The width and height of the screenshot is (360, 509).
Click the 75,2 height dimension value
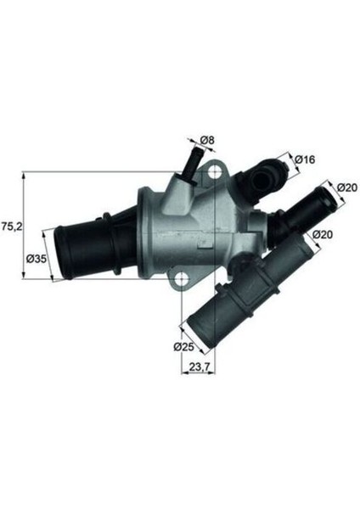pyautogui.click(x=11, y=227)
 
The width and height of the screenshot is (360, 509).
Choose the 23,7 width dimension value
pyautogui.click(x=200, y=367)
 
